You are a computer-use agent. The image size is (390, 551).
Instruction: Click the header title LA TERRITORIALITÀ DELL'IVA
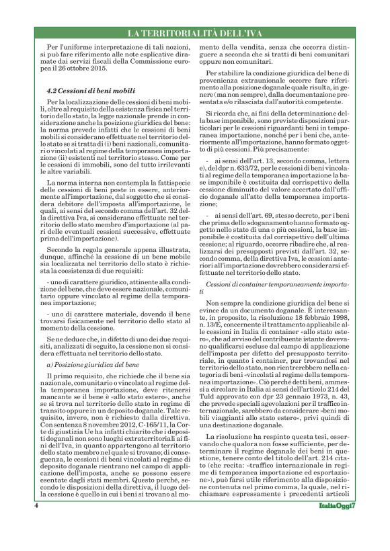pos(195,34)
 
